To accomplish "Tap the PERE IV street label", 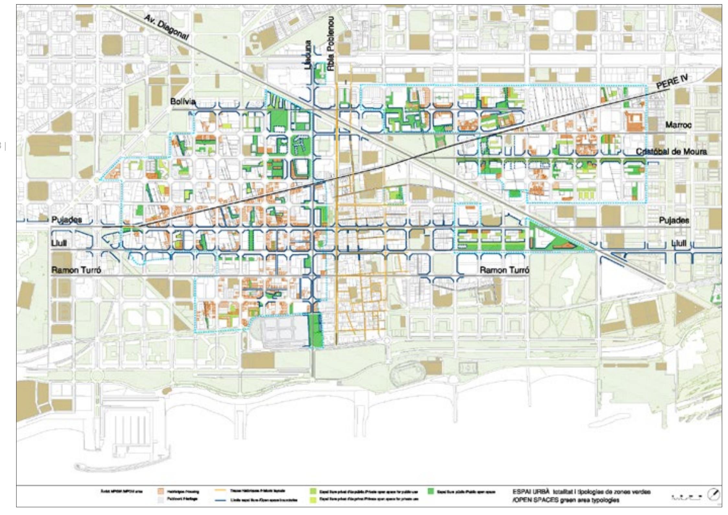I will coord(672,82).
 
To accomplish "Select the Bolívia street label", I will coord(183,102).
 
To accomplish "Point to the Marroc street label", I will coord(678,125).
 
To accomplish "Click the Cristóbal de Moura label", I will coord(671,152).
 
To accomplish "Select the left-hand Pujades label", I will coord(67,220).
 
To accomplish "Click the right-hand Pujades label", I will coord(674,221).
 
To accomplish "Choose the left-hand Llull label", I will coord(59,243).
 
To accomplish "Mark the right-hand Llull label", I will coord(678,243).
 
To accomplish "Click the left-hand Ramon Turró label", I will coord(76,270).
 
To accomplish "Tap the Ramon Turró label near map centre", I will coord(504,270).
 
